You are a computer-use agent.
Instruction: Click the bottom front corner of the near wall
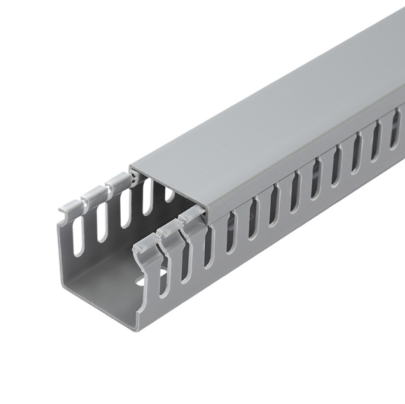(x=138, y=327)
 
